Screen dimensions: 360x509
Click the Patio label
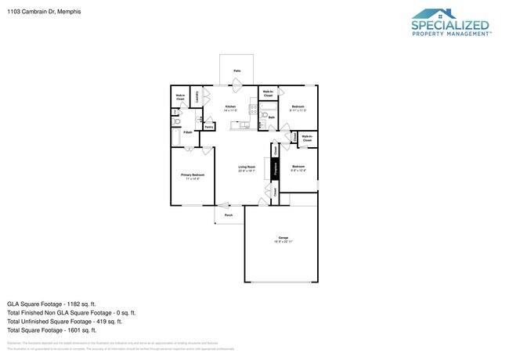click(x=236, y=71)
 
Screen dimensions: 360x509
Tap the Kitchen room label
click(x=230, y=106)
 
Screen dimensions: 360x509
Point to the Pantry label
click(x=209, y=126)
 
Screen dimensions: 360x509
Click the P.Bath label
click(x=188, y=132)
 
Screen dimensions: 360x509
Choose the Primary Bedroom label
click(x=193, y=175)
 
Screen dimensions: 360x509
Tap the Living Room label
click(x=247, y=167)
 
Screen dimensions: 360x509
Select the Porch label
click(x=229, y=214)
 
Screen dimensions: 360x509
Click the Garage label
click(x=283, y=238)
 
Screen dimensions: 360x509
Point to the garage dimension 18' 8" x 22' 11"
click(x=283, y=243)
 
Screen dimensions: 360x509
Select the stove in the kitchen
click(x=254, y=110)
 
